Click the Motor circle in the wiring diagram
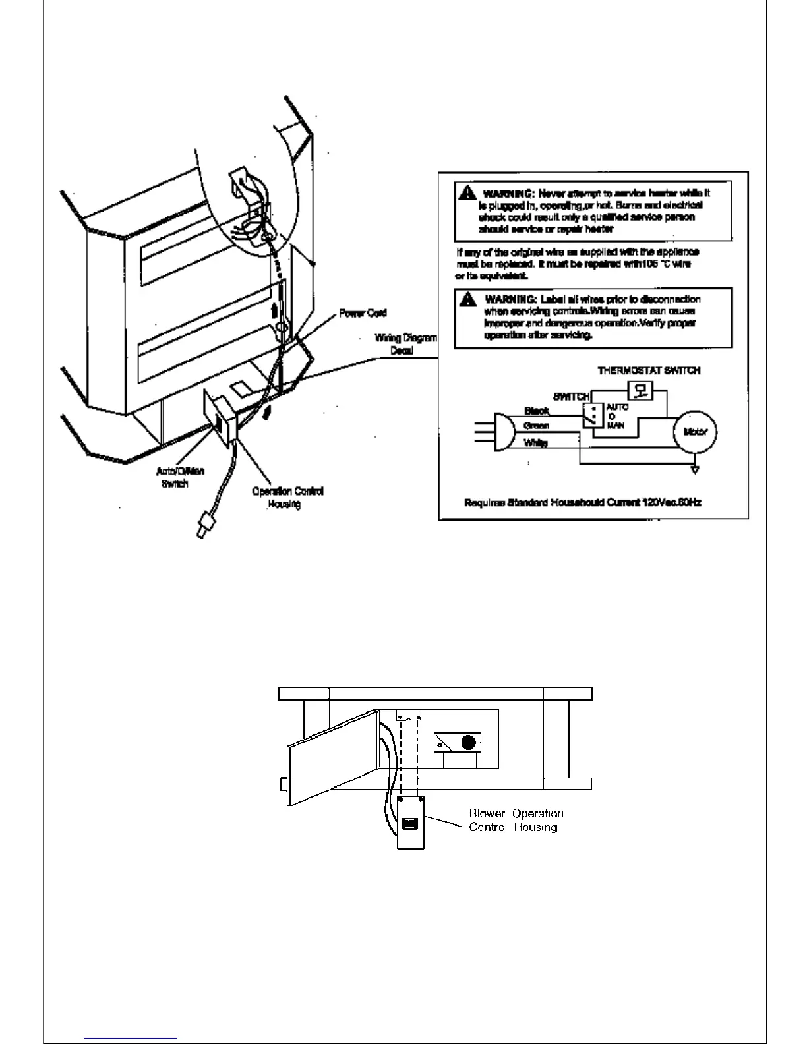click(x=696, y=432)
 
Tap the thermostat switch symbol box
click(x=639, y=391)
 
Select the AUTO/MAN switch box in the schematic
click(x=591, y=415)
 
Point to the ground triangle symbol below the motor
click(x=695, y=470)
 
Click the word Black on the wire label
click(x=536, y=411)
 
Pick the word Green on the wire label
click(x=536, y=426)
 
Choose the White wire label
click(x=535, y=443)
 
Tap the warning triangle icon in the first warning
click(x=468, y=193)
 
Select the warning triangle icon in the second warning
click(x=469, y=299)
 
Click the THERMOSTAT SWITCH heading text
click(x=649, y=371)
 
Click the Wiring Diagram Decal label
click(x=405, y=344)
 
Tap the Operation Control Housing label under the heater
click(x=287, y=498)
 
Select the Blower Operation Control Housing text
click(x=516, y=820)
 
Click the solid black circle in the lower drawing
click(x=468, y=743)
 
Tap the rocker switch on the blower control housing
click(x=409, y=823)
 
